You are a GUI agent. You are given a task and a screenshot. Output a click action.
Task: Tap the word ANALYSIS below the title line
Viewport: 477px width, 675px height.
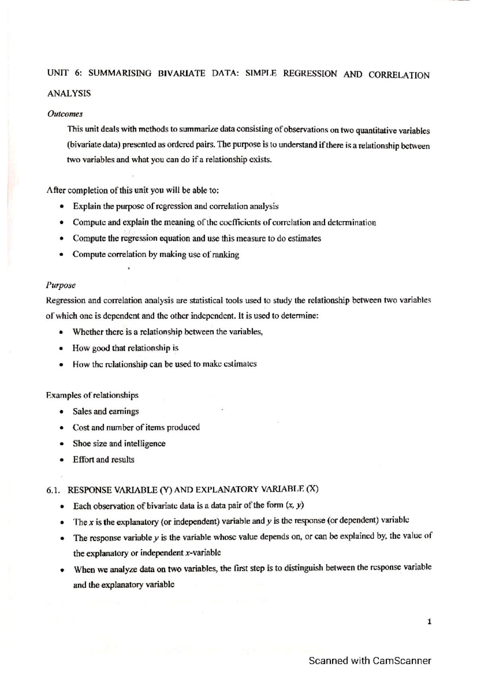[x=69, y=93]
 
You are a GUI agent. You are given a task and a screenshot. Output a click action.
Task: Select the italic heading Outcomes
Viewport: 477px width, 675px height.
[x=65, y=114]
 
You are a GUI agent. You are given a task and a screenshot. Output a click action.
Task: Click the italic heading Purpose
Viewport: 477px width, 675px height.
[x=60, y=285]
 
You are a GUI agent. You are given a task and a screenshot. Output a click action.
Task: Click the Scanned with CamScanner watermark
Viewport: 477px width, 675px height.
[x=370, y=661]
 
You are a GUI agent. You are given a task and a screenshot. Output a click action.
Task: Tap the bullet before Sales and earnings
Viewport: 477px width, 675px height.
[x=61, y=412]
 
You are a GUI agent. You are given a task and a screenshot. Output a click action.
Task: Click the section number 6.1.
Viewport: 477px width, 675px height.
[x=53, y=490]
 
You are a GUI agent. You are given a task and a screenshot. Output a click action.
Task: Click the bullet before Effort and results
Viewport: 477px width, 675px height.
[x=61, y=460]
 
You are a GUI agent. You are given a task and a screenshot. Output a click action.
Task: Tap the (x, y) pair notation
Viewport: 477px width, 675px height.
[x=295, y=505]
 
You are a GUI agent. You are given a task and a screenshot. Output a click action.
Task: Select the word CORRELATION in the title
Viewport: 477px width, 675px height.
[x=399, y=75]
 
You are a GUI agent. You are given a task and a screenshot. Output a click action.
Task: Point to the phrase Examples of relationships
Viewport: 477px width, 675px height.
[x=92, y=395]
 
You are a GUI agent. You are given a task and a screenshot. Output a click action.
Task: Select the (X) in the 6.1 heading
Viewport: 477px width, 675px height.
[x=312, y=489]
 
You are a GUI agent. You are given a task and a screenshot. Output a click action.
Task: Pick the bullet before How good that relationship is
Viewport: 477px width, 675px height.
[x=61, y=349]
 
